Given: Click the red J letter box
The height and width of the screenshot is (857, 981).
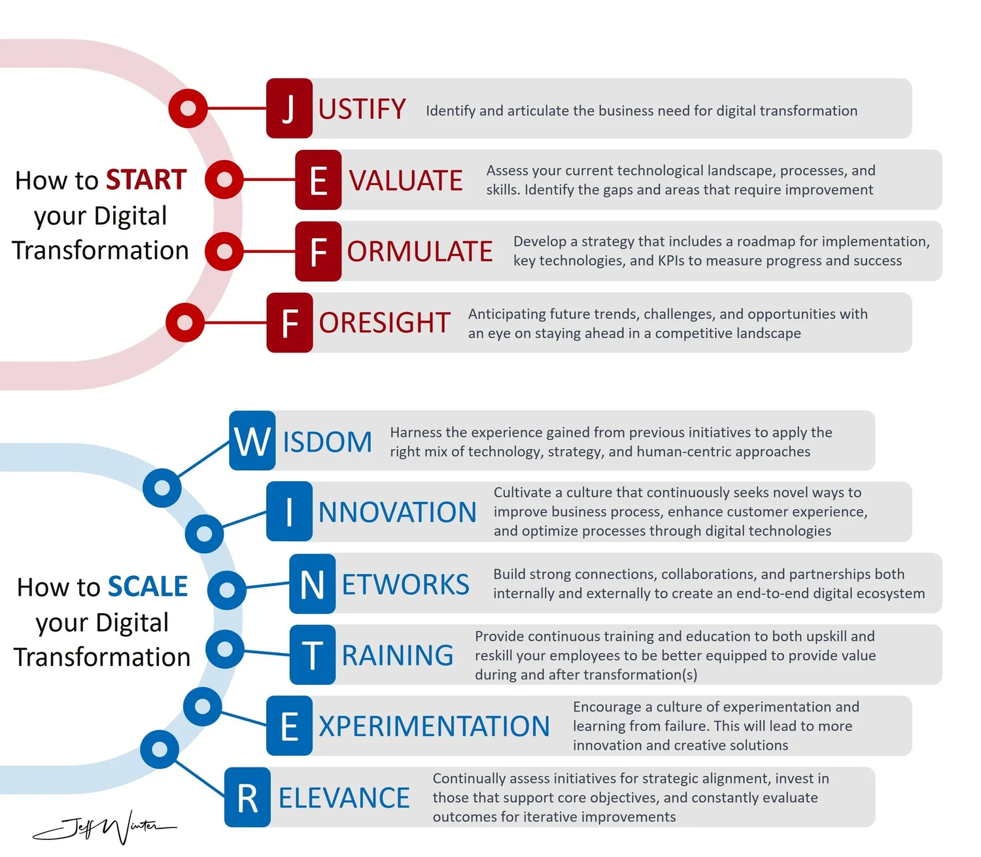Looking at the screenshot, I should pos(289,109).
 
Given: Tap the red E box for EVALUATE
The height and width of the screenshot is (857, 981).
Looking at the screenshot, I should pos(318,180).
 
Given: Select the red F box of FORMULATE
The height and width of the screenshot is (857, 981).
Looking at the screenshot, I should pos(318,252).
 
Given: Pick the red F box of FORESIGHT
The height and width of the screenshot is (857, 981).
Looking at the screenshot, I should pos(289,323).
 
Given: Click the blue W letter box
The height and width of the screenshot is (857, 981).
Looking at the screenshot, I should pos(252,441).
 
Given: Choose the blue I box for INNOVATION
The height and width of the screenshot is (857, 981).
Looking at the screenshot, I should pos(289,512).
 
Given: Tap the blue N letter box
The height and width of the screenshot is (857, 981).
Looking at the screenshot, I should pos(312,584).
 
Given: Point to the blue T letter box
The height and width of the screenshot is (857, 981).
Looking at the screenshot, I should pos(312,655).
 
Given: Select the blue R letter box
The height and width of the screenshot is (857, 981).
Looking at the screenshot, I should pos(247,798).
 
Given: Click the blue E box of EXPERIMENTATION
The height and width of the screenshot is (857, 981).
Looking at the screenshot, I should pos(289,726).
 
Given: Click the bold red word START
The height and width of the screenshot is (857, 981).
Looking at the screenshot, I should pos(146,180).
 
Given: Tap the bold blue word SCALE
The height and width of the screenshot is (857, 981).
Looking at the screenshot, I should pos(148,586).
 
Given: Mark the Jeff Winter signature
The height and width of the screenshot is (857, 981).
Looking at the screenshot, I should pos(105,828).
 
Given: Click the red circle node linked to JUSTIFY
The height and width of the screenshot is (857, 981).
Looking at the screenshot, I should pos(188,108).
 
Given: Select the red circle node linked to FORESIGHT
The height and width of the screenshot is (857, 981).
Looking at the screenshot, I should pos(185,322).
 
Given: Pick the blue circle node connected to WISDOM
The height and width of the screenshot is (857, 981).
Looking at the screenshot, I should pos(162,487).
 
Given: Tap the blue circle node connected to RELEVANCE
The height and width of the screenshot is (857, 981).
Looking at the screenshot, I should pos(159,749).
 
